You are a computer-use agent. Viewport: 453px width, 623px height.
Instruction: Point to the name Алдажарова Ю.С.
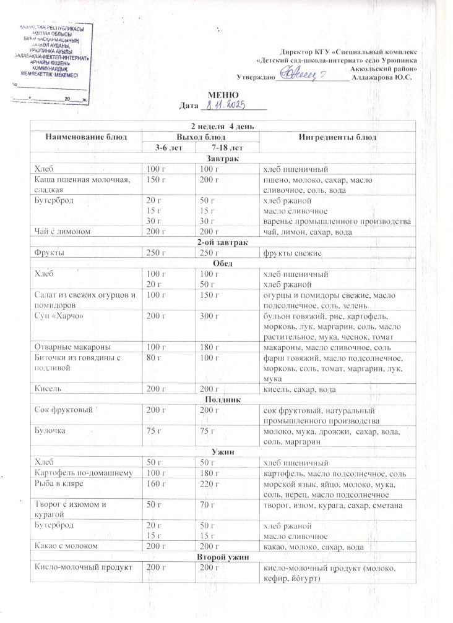click(386, 78)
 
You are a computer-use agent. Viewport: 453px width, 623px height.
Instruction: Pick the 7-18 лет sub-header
click(227, 148)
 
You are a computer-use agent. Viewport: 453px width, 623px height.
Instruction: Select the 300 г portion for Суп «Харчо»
click(205, 316)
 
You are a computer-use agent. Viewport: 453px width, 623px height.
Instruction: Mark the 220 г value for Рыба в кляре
click(205, 484)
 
